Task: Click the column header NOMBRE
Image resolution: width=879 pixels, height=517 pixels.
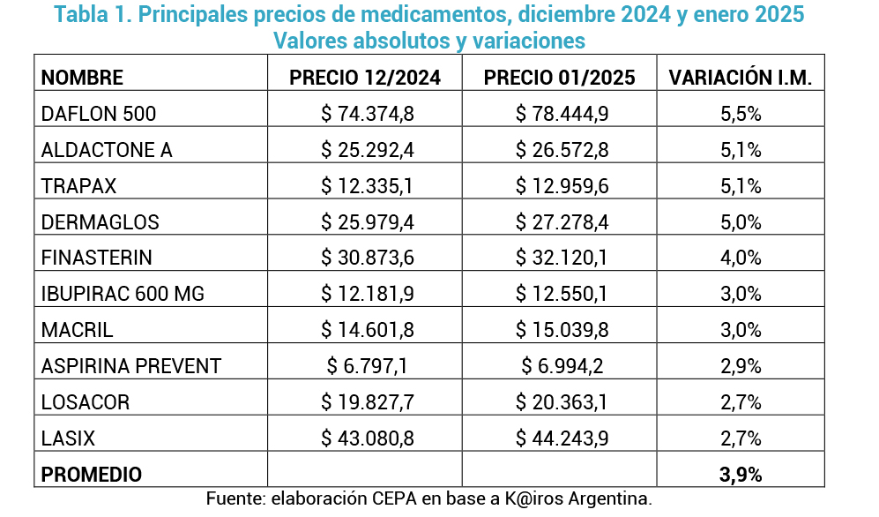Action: tap(82, 77)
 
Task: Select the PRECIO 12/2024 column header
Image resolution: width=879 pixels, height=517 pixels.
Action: tap(365, 77)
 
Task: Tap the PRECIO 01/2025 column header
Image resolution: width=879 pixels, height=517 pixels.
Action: tap(560, 77)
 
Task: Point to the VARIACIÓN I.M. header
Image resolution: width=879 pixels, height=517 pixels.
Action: tap(741, 77)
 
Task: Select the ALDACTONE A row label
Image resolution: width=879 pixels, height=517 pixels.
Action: tap(107, 150)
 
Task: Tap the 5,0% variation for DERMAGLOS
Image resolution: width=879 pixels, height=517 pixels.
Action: tap(741, 222)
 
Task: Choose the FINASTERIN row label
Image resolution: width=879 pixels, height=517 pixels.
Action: tap(97, 258)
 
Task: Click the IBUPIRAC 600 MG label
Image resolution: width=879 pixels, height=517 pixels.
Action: tap(123, 294)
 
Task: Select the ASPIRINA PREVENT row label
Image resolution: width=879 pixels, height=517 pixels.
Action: tap(131, 366)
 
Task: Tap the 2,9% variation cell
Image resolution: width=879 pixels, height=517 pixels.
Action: tap(741, 366)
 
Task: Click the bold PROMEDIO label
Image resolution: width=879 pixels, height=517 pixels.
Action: tap(92, 475)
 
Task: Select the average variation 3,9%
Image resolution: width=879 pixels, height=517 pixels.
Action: tap(741, 475)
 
